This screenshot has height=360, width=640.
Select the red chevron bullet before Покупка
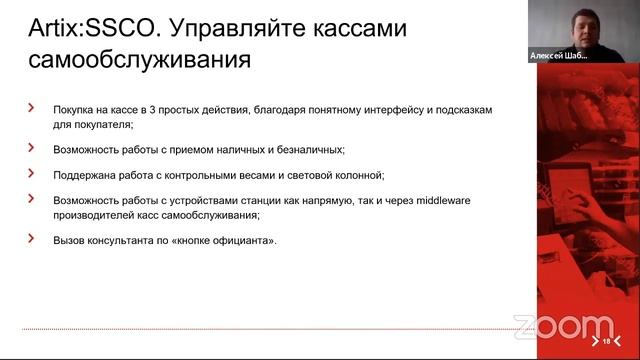31,105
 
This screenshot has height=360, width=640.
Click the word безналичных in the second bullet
307,149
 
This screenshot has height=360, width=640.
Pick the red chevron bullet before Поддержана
31,172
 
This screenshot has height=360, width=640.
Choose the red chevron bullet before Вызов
31,238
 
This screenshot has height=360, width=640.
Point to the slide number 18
606,342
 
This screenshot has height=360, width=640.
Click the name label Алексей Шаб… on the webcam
558,57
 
